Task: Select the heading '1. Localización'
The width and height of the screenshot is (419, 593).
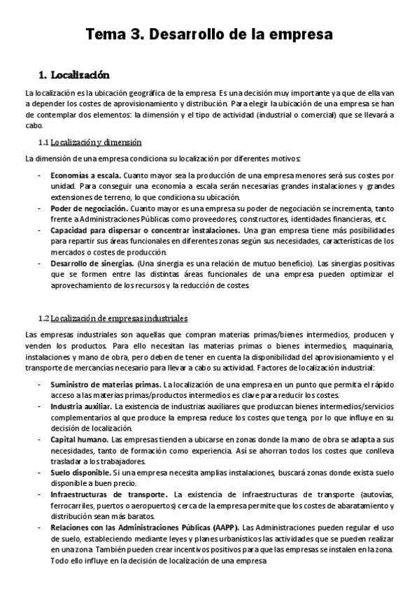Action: pos(73,74)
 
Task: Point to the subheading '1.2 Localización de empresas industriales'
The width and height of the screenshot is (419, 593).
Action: pos(113,319)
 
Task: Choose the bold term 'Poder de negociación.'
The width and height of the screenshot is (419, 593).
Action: pos(88,208)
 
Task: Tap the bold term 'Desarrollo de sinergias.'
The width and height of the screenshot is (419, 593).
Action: pos(92,264)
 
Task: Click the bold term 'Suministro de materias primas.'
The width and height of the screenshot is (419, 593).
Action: pos(105,385)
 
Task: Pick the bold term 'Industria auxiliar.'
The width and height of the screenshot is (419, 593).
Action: pos(81,406)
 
